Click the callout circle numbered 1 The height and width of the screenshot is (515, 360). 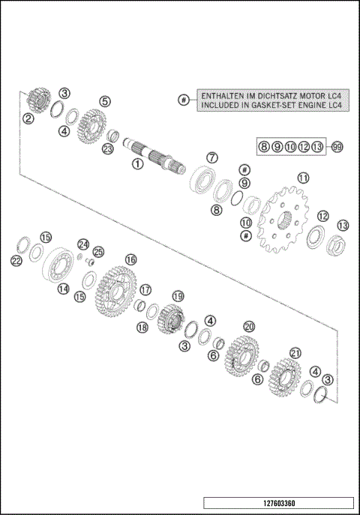pos(136,162)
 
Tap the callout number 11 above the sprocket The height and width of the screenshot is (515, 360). pos(303,178)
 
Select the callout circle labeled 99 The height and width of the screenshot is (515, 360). pos(337,147)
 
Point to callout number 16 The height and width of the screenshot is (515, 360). pos(130,259)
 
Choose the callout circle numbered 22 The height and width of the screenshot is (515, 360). pos(16,260)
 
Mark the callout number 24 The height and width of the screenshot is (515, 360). pos(83,244)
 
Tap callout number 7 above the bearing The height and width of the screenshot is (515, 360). pos(212,158)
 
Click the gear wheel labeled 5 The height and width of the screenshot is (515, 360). pos(93,124)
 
